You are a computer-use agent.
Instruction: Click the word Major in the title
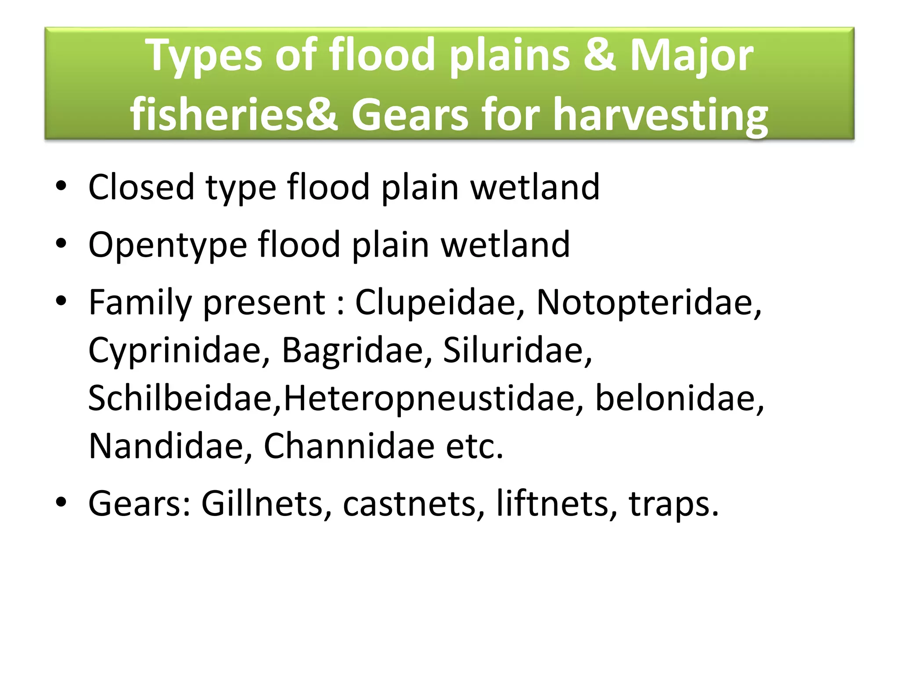point(692,56)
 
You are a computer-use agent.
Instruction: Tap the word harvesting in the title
point(660,115)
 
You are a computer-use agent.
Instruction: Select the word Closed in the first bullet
point(141,187)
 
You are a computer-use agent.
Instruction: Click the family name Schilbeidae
point(184,398)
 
